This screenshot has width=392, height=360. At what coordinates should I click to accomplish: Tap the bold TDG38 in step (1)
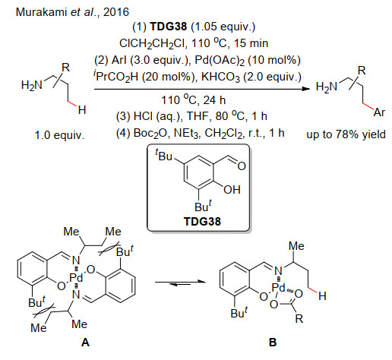[x=169, y=27]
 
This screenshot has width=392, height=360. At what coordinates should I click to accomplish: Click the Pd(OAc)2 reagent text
[x=220, y=61]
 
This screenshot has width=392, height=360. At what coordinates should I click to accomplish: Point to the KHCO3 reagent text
[x=220, y=77]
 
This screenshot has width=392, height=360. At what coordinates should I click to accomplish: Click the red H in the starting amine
[x=82, y=110]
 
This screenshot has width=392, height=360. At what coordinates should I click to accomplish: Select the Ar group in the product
[x=379, y=112]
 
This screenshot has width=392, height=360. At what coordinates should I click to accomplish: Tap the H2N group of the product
[x=327, y=87]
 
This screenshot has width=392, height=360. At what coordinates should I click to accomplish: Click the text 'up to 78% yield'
[x=346, y=134]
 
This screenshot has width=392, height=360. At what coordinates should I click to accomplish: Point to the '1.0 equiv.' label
[x=59, y=135]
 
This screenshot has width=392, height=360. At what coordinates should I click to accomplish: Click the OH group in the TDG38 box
[x=232, y=190]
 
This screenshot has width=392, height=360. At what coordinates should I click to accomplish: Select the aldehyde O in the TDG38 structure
[x=242, y=166]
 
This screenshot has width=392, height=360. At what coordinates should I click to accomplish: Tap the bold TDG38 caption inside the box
[x=202, y=222]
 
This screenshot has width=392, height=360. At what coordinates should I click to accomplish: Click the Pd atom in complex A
[x=76, y=278]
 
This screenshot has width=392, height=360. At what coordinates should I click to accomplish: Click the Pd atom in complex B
[x=278, y=288]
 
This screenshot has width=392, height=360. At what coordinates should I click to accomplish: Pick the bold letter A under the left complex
[x=85, y=343]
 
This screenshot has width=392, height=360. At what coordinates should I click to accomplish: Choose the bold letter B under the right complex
[x=273, y=343]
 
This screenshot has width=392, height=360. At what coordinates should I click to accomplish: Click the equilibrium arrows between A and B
[x=180, y=283]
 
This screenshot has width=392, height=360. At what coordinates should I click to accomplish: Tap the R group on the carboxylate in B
[x=299, y=319]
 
